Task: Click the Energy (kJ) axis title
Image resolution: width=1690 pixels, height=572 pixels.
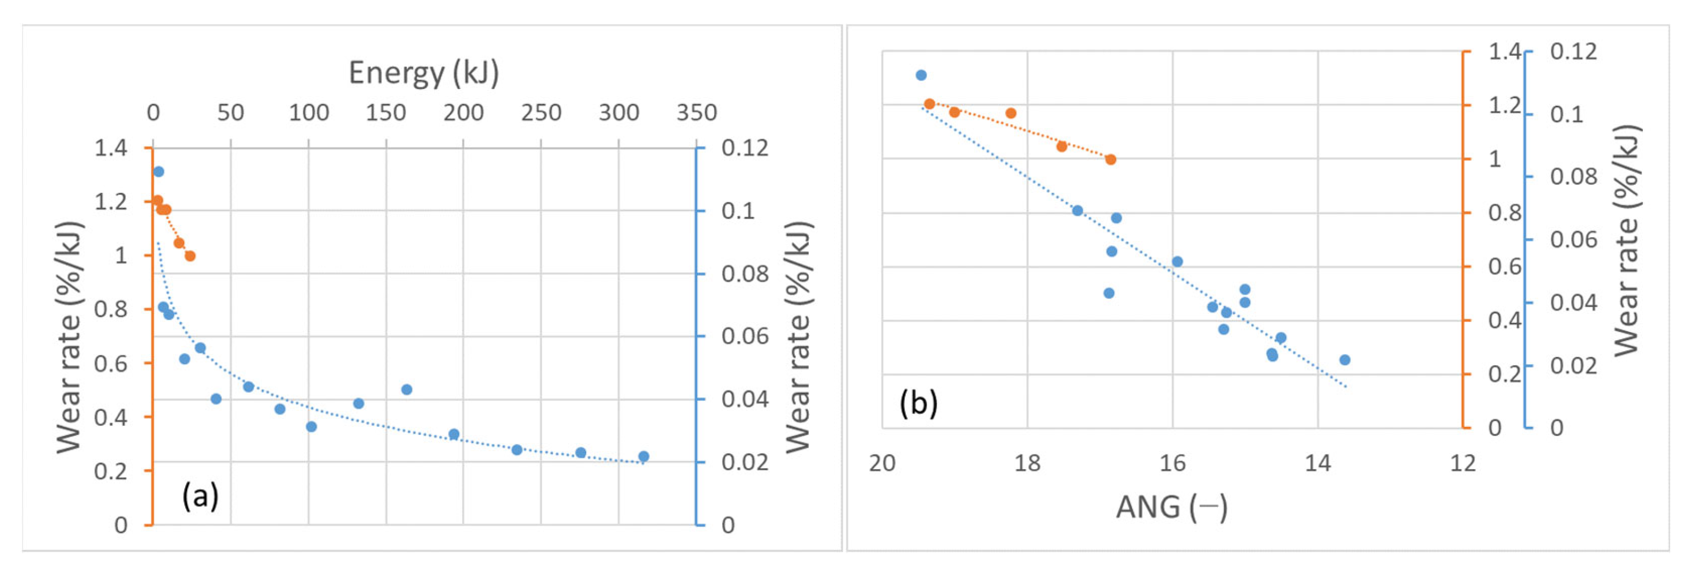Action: [423, 73]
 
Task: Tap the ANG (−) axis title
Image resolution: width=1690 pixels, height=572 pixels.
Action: [1172, 507]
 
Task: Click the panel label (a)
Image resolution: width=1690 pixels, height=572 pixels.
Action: [200, 496]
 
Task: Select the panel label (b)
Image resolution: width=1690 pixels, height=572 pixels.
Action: [918, 403]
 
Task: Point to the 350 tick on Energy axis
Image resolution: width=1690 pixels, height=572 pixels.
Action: [696, 113]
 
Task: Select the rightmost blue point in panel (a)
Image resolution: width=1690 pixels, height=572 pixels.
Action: [643, 456]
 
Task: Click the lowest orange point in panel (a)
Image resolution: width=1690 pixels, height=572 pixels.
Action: [190, 256]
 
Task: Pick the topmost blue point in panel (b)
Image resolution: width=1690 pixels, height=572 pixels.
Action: [921, 76]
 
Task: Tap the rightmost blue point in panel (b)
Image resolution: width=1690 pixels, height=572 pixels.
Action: [1345, 360]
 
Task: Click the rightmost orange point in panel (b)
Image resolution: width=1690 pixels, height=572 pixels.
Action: [1111, 160]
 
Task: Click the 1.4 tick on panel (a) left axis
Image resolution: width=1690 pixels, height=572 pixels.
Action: [111, 148]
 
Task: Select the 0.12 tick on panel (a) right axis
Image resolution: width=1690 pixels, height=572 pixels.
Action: [745, 148]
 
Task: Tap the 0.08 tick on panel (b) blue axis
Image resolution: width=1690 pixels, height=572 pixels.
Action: [1573, 177]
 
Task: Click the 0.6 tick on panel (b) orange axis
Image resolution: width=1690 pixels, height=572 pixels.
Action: [1504, 267]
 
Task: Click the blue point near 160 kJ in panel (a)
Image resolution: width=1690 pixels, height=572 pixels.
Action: [407, 389]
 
